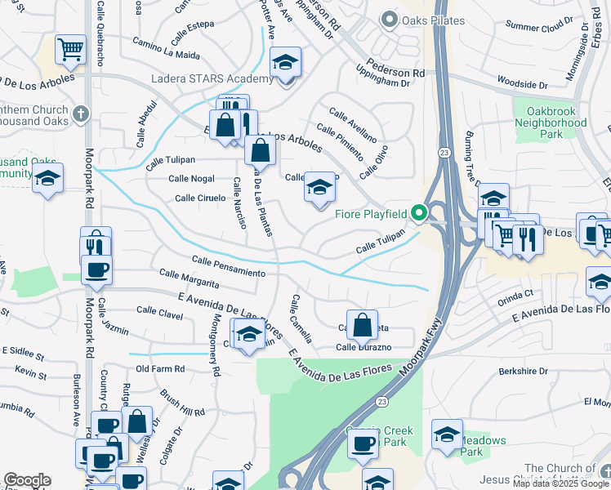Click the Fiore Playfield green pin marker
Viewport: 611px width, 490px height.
tap(420, 214)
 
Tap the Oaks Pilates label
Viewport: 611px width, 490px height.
tap(434, 20)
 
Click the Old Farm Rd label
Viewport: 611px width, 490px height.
tap(160, 369)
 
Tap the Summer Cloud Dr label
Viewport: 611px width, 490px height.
tap(539, 26)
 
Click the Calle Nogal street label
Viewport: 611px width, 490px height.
tap(191, 178)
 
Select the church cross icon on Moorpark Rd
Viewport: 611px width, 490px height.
tap(80, 114)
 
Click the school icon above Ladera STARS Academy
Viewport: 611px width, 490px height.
tap(285, 61)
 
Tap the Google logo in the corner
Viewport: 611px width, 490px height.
tap(27, 480)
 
